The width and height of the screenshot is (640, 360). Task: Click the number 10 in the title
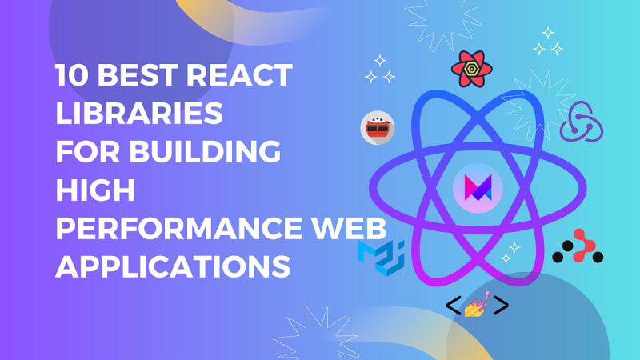[x=72, y=74]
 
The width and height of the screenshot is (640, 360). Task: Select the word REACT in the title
[x=239, y=74]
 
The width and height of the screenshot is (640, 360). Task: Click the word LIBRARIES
[x=139, y=113]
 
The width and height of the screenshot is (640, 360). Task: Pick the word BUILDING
[x=205, y=151]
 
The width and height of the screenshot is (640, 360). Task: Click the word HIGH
[x=95, y=190]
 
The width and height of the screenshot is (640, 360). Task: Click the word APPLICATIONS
[x=173, y=266]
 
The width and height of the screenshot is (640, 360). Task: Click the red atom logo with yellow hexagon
[x=471, y=69]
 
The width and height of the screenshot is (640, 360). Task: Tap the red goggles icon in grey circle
[x=378, y=128]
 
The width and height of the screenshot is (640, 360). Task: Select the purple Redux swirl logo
[x=582, y=122]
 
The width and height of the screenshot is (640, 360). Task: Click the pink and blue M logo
[x=478, y=188]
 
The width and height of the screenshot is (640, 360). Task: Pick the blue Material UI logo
[x=382, y=258]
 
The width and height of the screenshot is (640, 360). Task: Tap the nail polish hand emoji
[x=478, y=305]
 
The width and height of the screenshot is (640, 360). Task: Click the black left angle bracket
[x=454, y=305]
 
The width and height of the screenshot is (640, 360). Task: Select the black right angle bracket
[x=501, y=305]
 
